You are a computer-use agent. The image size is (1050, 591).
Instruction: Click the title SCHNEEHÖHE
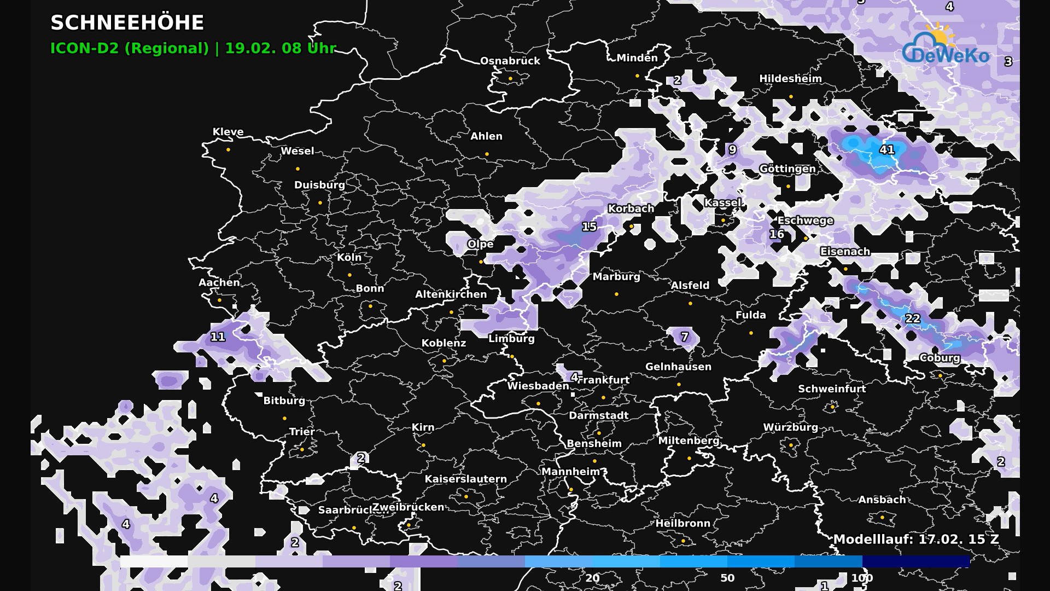127,23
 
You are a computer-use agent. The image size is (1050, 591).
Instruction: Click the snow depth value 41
886,149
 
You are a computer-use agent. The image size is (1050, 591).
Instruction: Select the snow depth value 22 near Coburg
912,318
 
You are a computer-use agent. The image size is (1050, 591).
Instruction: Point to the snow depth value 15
589,227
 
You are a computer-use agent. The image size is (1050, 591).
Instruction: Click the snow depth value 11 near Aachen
218,337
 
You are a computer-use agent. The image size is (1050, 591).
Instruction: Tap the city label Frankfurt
604,380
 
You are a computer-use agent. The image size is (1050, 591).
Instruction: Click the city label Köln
349,257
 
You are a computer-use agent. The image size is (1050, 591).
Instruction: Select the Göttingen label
787,169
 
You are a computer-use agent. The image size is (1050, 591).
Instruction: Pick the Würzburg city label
790,427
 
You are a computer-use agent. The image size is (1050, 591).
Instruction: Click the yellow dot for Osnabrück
510,79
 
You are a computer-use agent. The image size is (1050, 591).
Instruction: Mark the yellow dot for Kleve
228,149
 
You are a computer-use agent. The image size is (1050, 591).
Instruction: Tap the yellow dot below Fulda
751,333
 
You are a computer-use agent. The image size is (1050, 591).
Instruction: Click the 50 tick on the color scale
727,578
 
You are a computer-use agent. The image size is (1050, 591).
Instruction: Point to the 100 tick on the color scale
862,578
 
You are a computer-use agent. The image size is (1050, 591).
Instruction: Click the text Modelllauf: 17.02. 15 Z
916,539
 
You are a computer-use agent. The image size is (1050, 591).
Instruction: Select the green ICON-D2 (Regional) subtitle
130,48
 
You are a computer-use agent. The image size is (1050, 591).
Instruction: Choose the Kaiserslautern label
465,479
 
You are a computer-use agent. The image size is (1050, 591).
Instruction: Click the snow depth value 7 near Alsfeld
684,337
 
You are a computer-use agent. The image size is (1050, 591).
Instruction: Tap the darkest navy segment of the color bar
915,561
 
